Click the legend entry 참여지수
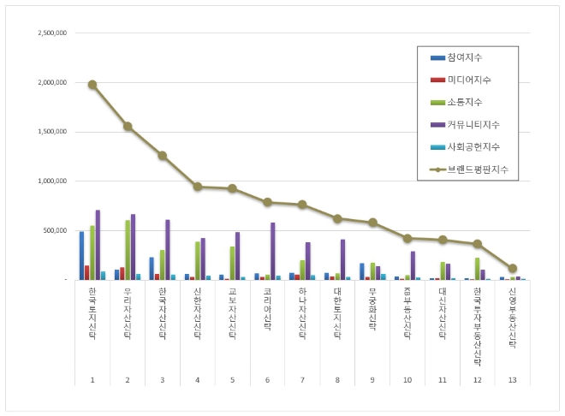(x=463, y=57)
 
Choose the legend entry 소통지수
(x=463, y=103)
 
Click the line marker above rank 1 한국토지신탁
(x=92, y=85)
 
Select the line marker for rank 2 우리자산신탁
(x=128, y=126)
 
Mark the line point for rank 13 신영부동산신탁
(x=513, y=268)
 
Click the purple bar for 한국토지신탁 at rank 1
(x=98, y=245)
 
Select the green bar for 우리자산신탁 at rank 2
(x=128, y=250)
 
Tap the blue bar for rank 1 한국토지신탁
(x=82, y=255)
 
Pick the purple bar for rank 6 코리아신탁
(x=273, y=251)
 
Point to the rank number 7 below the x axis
(x=302, y=378)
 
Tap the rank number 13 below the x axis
(x=513, y=378)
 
